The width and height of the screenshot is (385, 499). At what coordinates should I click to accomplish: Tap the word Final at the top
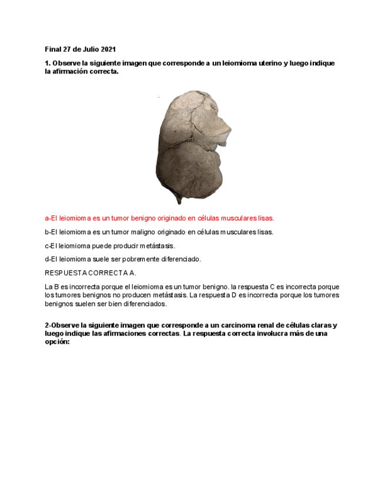[x=53, y=49]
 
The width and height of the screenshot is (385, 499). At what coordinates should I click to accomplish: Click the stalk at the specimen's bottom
[x=178, y=198]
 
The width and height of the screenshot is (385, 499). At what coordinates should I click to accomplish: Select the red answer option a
[x=159, y=218]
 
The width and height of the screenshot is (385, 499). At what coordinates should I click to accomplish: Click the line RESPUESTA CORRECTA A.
[x=91, y=273]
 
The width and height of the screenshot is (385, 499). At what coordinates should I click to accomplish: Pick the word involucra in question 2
[x=261, y=333]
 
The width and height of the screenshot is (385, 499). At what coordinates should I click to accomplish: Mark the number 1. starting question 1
[x=48, y=63]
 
